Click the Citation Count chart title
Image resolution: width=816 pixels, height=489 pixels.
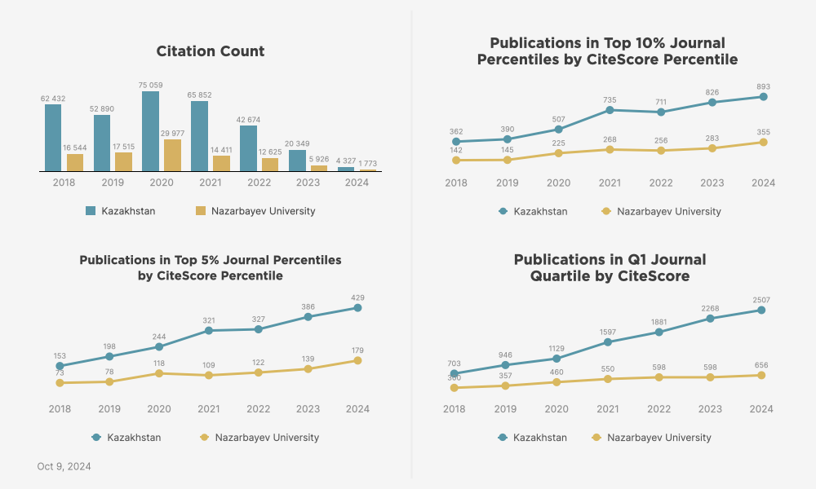[x=211, y=51]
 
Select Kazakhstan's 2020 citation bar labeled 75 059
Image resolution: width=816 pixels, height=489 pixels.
[x=150, y=131]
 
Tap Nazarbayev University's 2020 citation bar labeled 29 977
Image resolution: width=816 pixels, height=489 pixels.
[x=172, y=156]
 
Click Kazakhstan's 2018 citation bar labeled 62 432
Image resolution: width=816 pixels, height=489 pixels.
[x=53, y=138]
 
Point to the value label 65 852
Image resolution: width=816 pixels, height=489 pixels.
[x=199, y=95]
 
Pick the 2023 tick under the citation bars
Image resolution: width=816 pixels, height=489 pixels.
[x=308, y=183]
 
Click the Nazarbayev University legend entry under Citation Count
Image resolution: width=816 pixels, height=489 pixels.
[x=255, y=211]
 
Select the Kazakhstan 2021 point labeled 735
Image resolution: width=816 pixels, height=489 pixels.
[x=610, y=110]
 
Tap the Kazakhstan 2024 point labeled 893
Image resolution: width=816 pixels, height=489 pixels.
[x=763, y=97]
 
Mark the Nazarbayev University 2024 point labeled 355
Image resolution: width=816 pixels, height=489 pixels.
[x=763, y=142]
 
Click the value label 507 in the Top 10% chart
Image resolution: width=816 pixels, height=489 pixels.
[x=558, y=119]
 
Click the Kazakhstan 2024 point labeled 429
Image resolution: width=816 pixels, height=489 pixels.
[x=357, y=308]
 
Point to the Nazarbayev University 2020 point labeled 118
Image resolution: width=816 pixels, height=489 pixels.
[x=158, y=373]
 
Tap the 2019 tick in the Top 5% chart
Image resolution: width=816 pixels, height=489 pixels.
[x=109, y=409]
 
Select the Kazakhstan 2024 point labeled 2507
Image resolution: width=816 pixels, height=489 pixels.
[x=761, y=310]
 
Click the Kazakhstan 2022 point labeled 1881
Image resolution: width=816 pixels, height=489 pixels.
[x=659, y=332]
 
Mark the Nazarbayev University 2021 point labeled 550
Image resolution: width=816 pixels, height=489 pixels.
[x=608, y=379]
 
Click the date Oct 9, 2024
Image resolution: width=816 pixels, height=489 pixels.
[x=64, y=467]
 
